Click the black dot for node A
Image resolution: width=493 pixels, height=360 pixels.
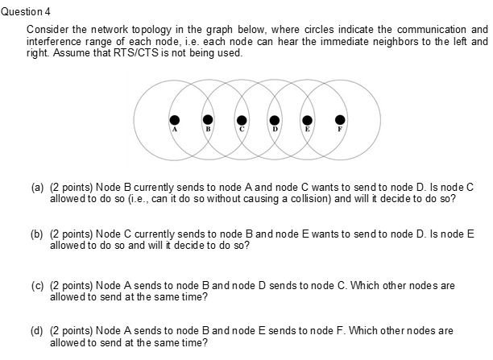(x=174, y=119)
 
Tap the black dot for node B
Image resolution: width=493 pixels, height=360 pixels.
(x=208, y=119)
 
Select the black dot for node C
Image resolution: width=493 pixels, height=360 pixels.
(x=241, y=119)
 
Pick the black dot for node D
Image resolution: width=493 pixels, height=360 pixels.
(x=275, y=119)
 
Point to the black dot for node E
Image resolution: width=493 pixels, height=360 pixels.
(x=308, y=119)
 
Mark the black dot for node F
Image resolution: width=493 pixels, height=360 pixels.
(x=341, y=119)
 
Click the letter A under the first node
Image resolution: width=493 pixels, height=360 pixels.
(x=174, y=129)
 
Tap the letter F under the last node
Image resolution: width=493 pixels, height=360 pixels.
(x=341, y=129)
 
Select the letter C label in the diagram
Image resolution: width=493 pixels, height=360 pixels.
(x=241, y=129)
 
